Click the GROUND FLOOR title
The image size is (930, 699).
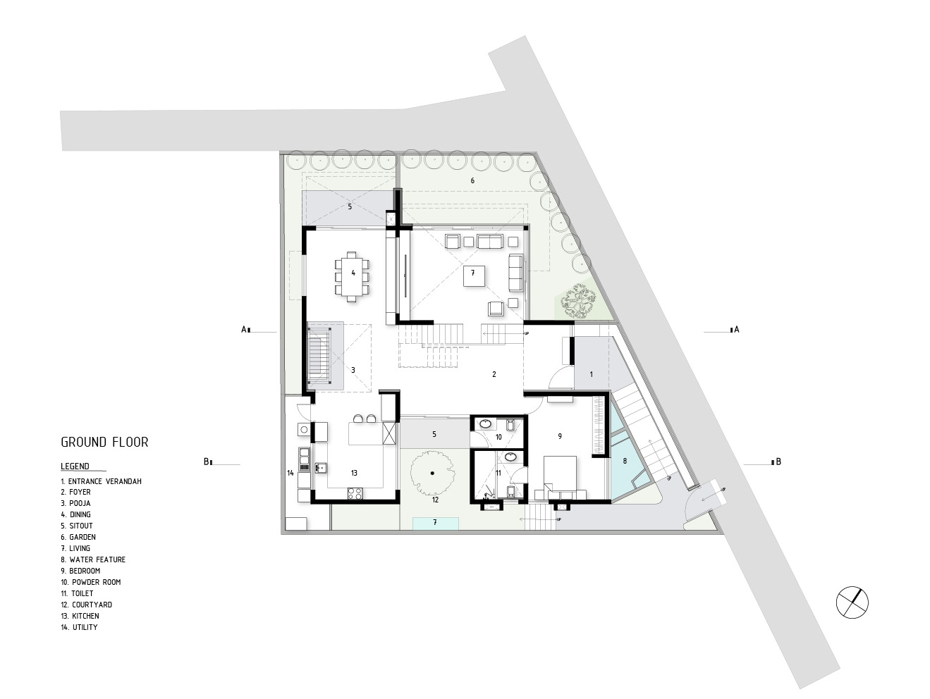(104, 443)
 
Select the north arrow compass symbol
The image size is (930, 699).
(852, 602)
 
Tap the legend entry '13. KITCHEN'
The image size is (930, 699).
(80, 616)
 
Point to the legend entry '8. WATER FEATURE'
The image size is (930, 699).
(93, 559)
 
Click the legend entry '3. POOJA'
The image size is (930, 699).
(75, 503)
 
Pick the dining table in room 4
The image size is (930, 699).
(353, 273)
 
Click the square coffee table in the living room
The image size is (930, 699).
(474, 277)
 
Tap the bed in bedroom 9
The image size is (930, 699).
(561, 473)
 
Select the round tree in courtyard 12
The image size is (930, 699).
(432, 471)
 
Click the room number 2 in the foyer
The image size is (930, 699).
(494, 374)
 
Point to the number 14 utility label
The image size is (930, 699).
(290, 473)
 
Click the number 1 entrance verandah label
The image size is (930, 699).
(591, 374)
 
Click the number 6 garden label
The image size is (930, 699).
(472, 181)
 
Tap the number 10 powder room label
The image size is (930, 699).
(498, 438)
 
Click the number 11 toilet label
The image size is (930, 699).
(498, 473)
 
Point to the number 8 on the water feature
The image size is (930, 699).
(624, 462)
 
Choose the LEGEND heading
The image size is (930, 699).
(75, 466)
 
